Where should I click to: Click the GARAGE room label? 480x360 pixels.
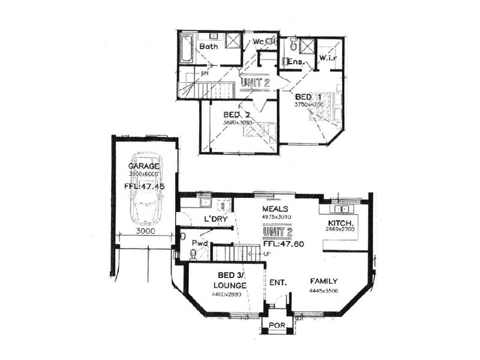(144, 166)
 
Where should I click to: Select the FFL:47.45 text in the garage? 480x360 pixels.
(144, 186)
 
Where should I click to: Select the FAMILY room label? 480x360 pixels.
(323, 281)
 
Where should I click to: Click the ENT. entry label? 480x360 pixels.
(277, 281)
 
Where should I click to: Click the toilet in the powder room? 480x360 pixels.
(193, 254)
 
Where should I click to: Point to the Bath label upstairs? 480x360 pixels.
(208, 46)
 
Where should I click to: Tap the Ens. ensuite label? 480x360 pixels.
(296, 62)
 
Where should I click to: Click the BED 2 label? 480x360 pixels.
(236, 115)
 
